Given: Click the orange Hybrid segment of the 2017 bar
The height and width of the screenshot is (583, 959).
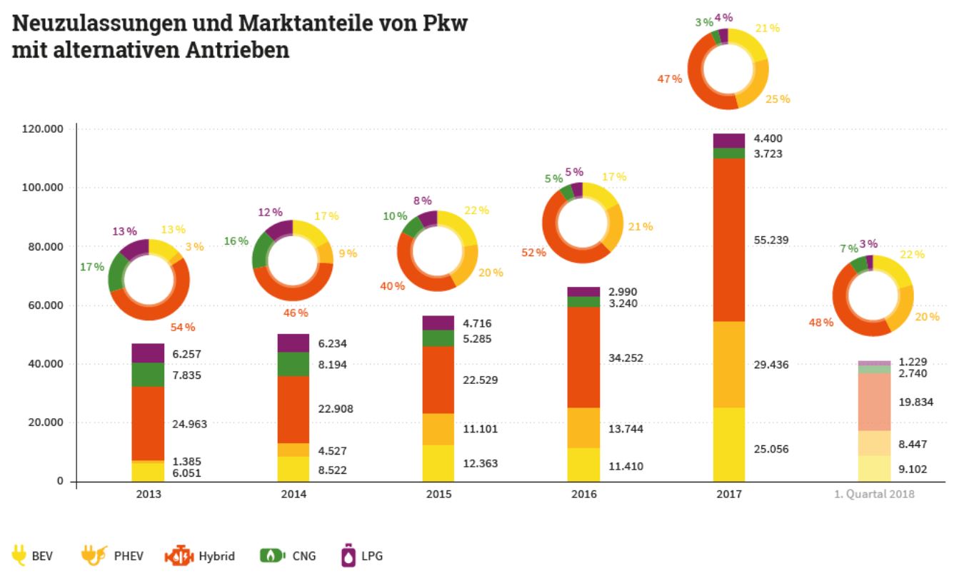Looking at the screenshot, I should [x=728, y=240].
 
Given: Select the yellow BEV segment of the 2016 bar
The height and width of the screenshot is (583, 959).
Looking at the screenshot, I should [x=583, y=465].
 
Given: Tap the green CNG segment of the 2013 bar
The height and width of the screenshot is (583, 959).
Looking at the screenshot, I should [x=148, y=375].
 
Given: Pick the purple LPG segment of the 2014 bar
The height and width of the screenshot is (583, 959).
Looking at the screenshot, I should [x=293, y=343].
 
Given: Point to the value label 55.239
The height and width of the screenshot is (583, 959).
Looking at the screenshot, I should [x=770, y=240].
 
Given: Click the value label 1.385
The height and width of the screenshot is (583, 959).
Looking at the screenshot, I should [x=187, y=462].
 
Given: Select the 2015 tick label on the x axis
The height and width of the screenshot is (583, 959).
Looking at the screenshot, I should [x=438, y=494].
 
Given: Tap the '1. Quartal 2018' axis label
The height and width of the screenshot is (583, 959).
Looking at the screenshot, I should [x=874, y=494].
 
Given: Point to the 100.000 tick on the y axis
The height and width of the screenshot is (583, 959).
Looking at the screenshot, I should [x=44, y=188].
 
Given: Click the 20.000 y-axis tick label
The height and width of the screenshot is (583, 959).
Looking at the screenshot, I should [x=46, y=422].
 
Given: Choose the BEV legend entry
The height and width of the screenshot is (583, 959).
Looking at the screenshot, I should [x=32, y=556].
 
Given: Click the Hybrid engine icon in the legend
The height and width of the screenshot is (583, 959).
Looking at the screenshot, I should [x=179, y=556].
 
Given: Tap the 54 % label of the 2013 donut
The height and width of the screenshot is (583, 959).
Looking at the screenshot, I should [x=183, y=328].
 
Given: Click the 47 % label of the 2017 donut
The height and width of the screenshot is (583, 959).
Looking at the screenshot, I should [x=670, y=78].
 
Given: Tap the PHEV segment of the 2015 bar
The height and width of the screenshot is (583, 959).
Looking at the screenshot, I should [x=438, y=429].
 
